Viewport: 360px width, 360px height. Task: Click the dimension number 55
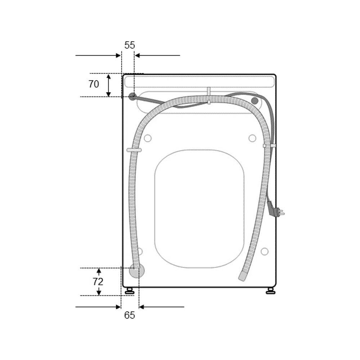tap(130, 45)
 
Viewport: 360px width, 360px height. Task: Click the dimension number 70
tap(94, 84)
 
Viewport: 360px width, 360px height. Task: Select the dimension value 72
tap(98, 282)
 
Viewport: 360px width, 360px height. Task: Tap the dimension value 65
tap(130, 315)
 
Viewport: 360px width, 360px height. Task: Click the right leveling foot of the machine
tap(270, 291)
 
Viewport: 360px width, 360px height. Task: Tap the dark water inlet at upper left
tap(132, 96)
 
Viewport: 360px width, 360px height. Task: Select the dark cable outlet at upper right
tap(255, 100)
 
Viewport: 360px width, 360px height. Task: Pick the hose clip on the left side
tap(134, 150)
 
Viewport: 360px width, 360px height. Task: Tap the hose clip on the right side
tap(269, 146)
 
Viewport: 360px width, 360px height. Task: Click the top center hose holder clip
tap(208, 95)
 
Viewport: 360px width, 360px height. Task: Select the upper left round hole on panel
tap(147, 138)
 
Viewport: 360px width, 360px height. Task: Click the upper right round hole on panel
tap(252, 138)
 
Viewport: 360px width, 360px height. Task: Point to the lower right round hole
tap(265, 251)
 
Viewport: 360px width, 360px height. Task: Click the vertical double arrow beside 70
tap(109, 85)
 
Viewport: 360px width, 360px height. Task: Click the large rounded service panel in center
tap(200, 209)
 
